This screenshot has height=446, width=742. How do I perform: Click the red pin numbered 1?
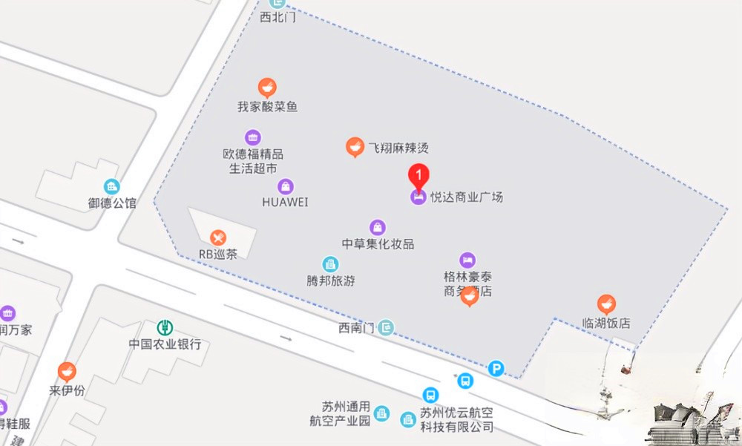click(x=419, y=176)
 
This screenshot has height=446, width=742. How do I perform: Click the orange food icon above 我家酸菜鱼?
click(x=267, y=88)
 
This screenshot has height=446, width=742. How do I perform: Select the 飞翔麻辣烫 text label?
click(x=398, y=148)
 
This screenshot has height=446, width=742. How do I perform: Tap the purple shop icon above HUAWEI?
click(x=285, y=186)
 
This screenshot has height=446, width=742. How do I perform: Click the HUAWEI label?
click(x=285, y=202)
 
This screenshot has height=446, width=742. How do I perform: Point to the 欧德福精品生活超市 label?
click(x=253, y=161)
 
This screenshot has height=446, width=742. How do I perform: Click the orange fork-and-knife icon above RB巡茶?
click(x=217, y=237)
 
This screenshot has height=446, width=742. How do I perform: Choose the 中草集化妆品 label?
click(x=378, y=243)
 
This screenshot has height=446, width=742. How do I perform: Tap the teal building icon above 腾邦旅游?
click(x=331, y=264)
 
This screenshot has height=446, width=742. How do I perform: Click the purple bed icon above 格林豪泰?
click(x=467, y=260)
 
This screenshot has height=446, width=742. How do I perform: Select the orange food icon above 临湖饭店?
click(x=606, y=304)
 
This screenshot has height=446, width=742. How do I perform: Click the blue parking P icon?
click(x=496, y=368)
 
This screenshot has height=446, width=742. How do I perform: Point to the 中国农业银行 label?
click(x=165, y=344)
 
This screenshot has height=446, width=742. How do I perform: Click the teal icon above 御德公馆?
click(x=111, y=186)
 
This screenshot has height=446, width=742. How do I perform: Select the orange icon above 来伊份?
click(x=67, y=371)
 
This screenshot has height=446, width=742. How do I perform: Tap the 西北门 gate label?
click(x=278, y=17)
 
